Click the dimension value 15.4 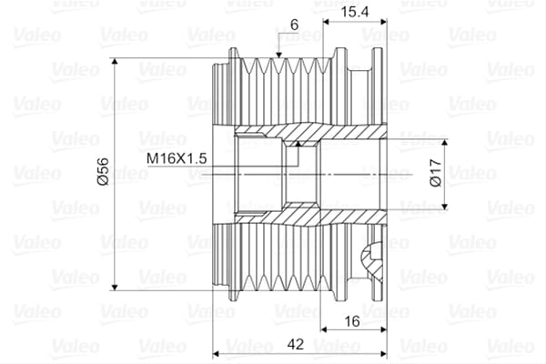tap(354, 12)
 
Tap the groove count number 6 tap(295, 25)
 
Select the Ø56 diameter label tap(104, 171)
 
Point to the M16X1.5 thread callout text tap(177, 158)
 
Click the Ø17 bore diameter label tap(436, 173)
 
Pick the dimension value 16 tap(351, 321)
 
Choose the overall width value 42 tap(296, 344)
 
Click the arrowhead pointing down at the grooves tap(278, 55)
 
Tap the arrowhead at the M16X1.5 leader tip tap(298, 144)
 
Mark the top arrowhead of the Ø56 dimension tap(115, 62)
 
